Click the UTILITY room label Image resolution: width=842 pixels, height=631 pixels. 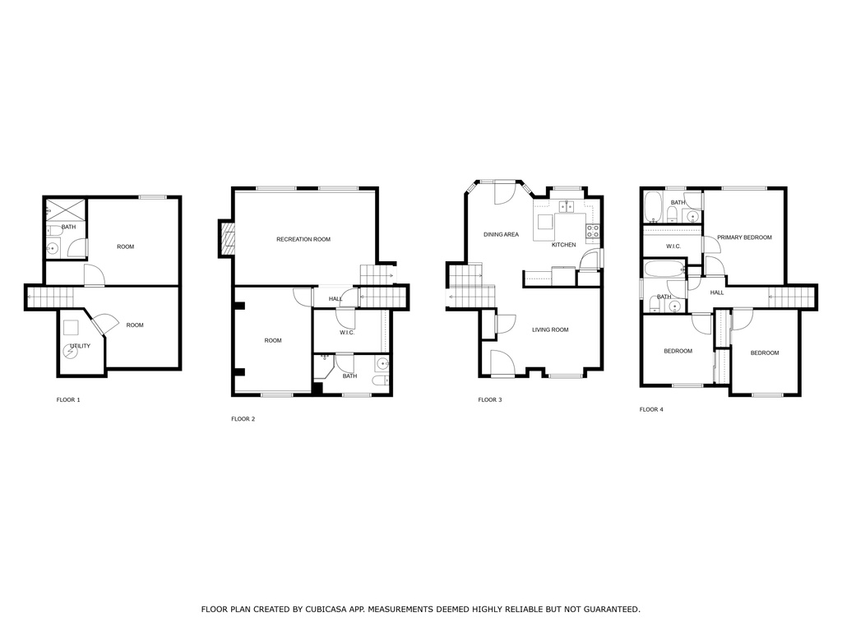pos(80,346)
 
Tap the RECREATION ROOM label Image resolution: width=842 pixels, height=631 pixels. pos(303,239)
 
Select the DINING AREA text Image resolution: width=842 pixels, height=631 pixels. pos(501,235)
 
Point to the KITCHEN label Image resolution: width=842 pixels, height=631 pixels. pos(563,245)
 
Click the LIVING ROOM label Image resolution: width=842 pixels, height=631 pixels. pos(550,330)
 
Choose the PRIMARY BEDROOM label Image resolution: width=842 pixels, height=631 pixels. pos(744,237)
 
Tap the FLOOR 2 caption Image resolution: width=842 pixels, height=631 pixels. pos(243,419)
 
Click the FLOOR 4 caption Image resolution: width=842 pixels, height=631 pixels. pos(651,409)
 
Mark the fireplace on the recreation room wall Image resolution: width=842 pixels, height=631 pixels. pos(227,238)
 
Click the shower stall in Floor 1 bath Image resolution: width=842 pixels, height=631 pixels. pos(65,208)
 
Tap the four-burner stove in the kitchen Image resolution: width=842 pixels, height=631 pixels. pos(592,232)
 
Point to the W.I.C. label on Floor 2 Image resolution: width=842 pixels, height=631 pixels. pos(346,333)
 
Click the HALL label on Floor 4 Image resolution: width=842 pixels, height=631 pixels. pos(717,292)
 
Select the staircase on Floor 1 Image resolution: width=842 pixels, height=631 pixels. pos(49,297)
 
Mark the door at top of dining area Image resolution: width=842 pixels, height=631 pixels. pos(504,193)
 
